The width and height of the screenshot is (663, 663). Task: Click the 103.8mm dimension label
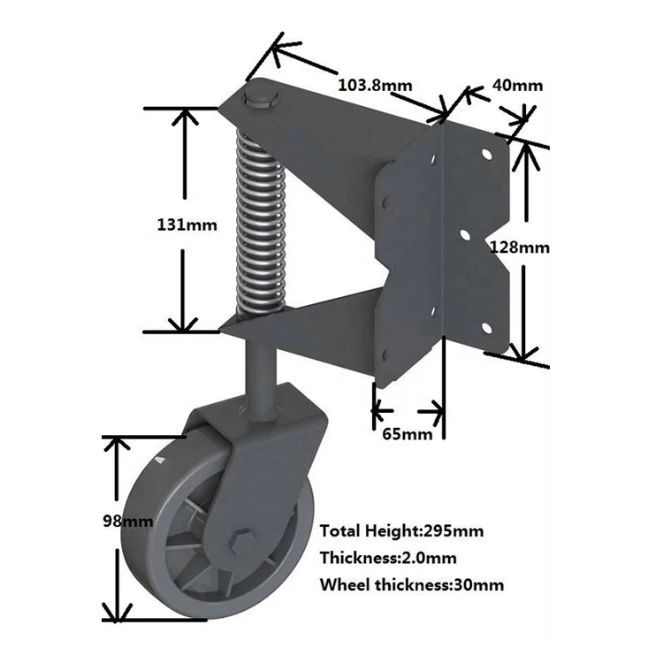(375, 85)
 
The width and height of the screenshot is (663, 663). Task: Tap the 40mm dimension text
(516, 85)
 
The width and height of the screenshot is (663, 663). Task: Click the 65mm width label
(407, 434)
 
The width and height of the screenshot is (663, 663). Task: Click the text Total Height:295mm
(401, 531)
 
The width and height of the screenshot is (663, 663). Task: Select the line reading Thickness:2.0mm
(389, 558)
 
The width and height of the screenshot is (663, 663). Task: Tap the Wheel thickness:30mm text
(412, 584)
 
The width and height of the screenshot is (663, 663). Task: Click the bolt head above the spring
(261, 96)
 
